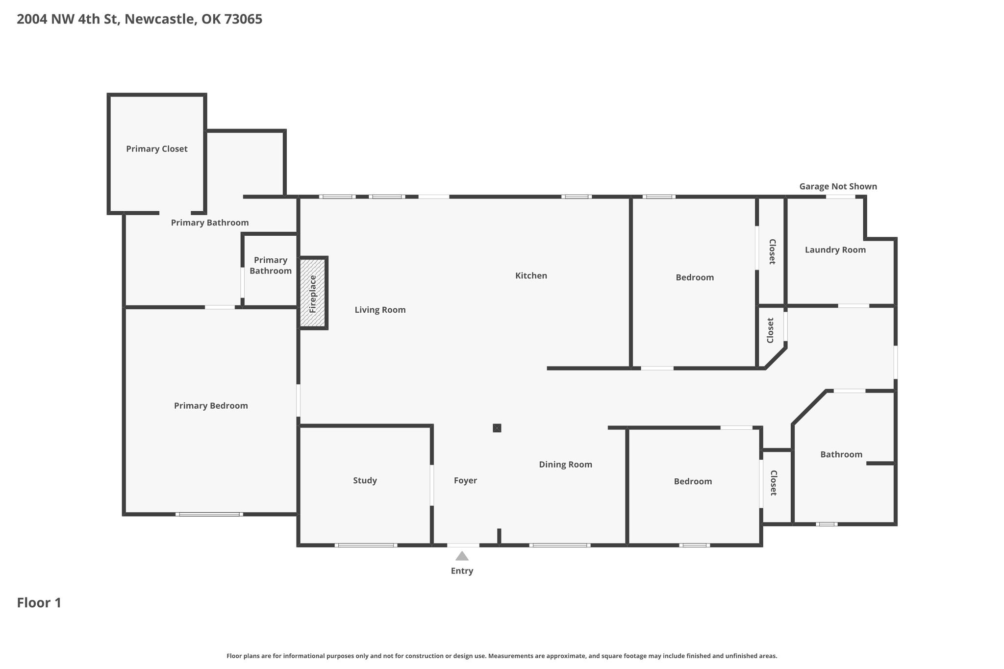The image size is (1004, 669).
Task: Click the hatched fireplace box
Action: click(313, 293)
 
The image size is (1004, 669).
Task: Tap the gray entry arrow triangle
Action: click(462, 556)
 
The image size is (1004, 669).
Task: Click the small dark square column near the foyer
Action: click(497, 428)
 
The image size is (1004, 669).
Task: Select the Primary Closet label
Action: click(157, 149)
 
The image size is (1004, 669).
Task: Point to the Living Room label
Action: click(380, 310)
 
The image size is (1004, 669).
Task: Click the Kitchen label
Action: click(531, 275)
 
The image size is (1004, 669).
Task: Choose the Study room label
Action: click(365, 480)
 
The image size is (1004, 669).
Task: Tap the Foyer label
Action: click(465, 480)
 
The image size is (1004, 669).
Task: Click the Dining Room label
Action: click(565, 465)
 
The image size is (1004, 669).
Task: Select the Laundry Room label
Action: click(835, 250)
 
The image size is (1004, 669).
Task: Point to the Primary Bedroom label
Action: click(211, 406)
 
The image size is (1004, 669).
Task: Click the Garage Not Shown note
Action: click(838, 186)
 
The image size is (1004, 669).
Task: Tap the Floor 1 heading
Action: click(39, 603)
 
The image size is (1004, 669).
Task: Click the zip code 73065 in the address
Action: click(243, 19)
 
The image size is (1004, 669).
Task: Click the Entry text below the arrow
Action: click(462, 571)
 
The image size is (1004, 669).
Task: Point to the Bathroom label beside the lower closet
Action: click(841, 454)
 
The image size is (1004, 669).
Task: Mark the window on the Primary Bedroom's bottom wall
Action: click(209, 514)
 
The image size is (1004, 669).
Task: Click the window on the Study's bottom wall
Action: click(366, 545)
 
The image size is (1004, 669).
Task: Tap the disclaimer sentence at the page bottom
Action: click(502, 656)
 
